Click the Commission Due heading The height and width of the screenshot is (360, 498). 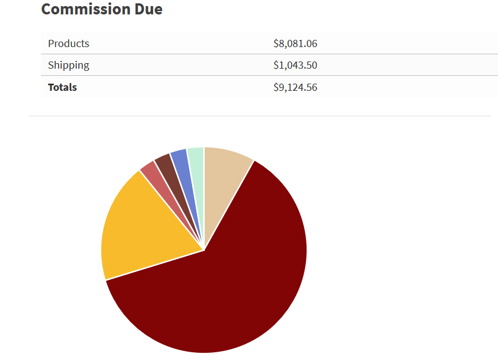pyautogui.click(x=102, y=9)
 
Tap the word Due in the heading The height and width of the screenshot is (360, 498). pyautogui.click(x=148, y=9)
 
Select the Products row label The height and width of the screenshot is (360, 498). pyautogui.click(x=69, y=44)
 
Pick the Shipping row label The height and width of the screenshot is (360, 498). pyautogui.click(x=69, y=65)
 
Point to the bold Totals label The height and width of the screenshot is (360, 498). pyautogui.click(x=63, y=88)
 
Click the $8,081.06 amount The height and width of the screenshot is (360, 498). pyautogui.click(x=295, y=44)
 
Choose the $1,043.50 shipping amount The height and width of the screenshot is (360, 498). pyautogui.click(x=295, y=65)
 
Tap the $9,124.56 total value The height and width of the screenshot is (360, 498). pyautogui.click(x=295, y=88)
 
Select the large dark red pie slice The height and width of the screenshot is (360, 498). pyautogui.click(x=232, y=288)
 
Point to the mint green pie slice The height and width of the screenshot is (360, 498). pyautogui.click(x=196, y=166)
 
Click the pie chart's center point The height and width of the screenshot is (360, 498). pyautogui.click(x=204, y=250)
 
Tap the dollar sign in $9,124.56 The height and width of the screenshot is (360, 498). pyautogui.click(x=276, y=88)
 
